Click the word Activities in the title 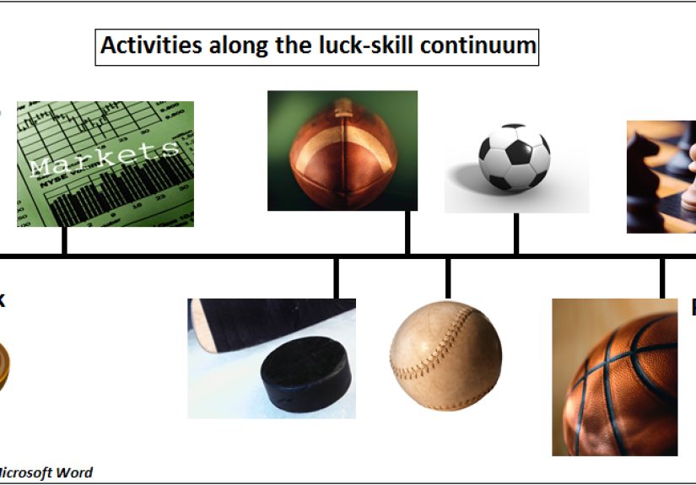click(x=140, y=46)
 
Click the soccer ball click(x=515, y=158)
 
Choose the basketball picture click(x=614, y=380)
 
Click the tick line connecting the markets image click(x=64, y=240)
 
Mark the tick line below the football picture click(x=408, y=232)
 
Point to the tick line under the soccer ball click(x=515, y=234)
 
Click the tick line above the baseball click(x=447, y=278)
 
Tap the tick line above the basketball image click(x=662, y=278)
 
